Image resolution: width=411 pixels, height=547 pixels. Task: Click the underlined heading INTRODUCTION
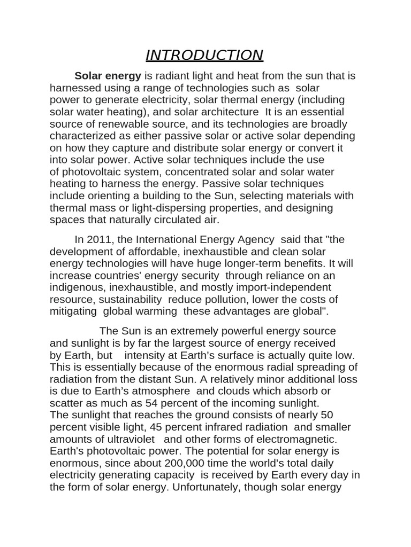click(204, 55)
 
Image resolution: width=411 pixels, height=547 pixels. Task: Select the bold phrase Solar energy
click(108, 76)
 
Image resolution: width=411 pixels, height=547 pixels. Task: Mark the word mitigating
click(73, 311)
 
